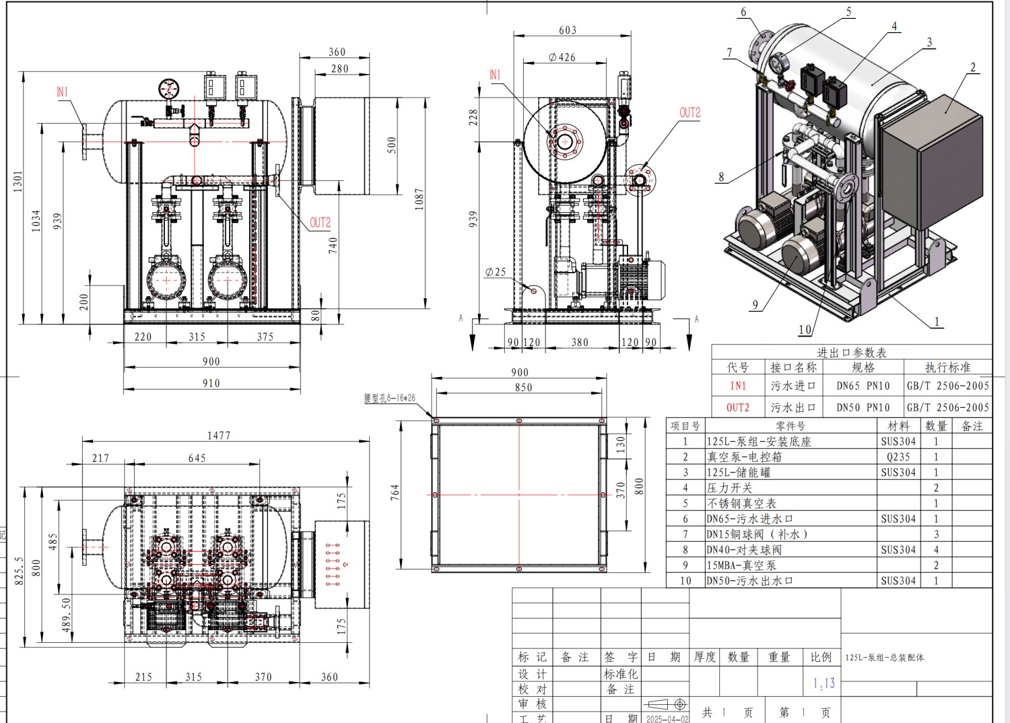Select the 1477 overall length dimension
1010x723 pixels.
[218, 436]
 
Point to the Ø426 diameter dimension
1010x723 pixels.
[562, 58]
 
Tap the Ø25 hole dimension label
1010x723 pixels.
[495, 272]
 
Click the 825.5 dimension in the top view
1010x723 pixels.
[20, 570]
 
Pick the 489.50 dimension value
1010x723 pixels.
[67, 614]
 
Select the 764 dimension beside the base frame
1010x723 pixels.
[395, 492]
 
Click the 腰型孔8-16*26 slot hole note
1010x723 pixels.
[389, 399]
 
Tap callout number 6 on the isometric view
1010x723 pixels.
[743, 12]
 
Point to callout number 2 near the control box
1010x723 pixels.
[972, 67]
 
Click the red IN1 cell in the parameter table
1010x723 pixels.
[738, 386]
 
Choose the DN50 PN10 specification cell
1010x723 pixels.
[863, 407]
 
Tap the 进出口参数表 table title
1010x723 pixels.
[851, 352]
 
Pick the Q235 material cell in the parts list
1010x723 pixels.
[898, 457]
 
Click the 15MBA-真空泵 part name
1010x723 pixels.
[741, 565]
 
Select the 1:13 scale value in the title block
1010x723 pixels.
[823, 683]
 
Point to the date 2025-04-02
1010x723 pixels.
[667, 718]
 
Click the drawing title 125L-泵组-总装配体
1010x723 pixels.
[884, 658]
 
